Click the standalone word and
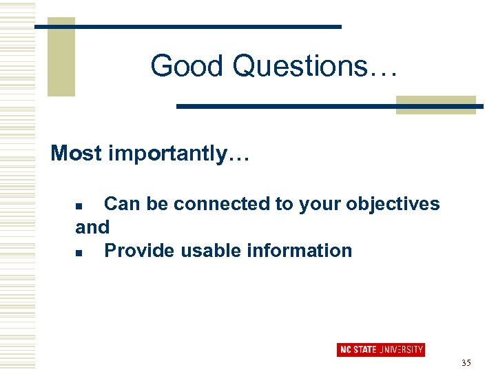pyautogui.click(x=92, y=227)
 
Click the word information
pyautogui.click(x=303, y=250)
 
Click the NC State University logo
pyautogui.click(x=380, y=349)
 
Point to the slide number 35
pyautogui.click(x=466, y=362)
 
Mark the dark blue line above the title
pyautogui.click(x=187, y=26)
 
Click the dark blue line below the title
pyautogui.click(x=329, y=107)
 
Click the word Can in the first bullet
pyautogui.click(x=121, y=204)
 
